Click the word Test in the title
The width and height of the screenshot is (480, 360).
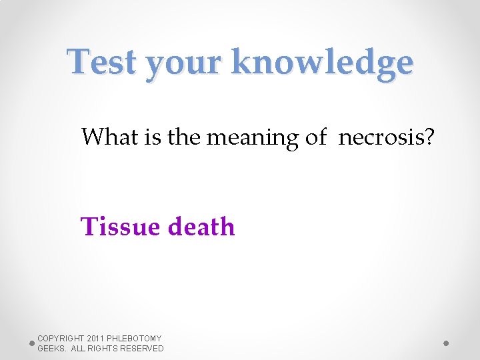[x=102, y=63]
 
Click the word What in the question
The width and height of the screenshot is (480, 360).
[x=108, y=137]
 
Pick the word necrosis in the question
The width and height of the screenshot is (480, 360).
[x=379, y=138]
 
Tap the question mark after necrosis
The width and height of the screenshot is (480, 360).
[x=429, y=137]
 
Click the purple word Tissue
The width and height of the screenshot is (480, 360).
[x=120, y=227]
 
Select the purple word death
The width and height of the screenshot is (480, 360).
[x=201, y=227]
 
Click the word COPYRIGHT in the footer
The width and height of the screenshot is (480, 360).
[x=61, y=339]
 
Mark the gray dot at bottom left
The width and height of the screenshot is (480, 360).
[x=31, y=343]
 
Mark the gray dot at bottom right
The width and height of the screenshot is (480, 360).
[x=446, y=343]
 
